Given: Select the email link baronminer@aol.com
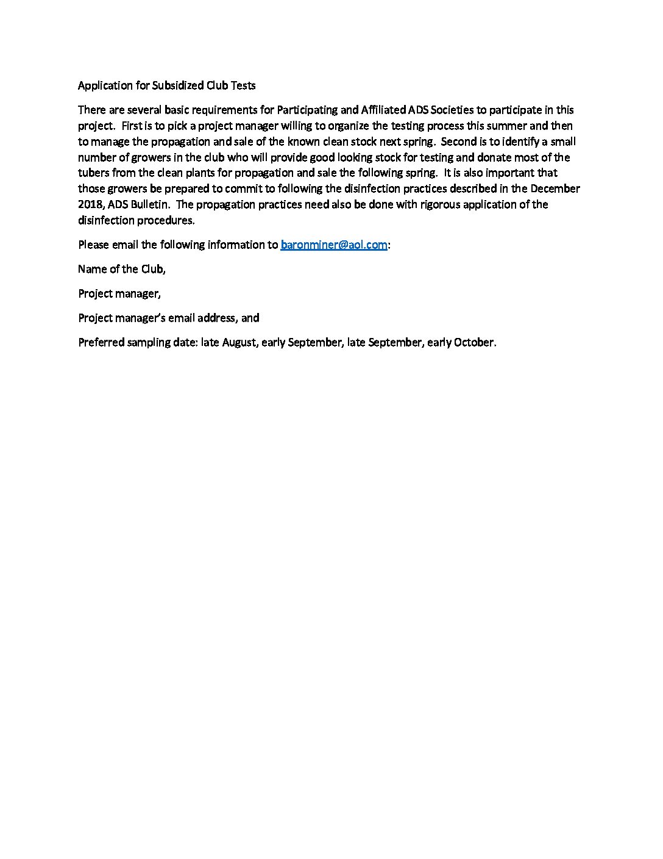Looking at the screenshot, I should tap(334, 245).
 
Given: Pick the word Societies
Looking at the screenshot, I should tap(452, 110).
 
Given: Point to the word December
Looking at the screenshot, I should tap(555, 189).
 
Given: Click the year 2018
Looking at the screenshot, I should tap(90, 204).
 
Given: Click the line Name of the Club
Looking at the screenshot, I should tap(122, 269).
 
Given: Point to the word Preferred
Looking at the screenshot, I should tap(101, 342).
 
